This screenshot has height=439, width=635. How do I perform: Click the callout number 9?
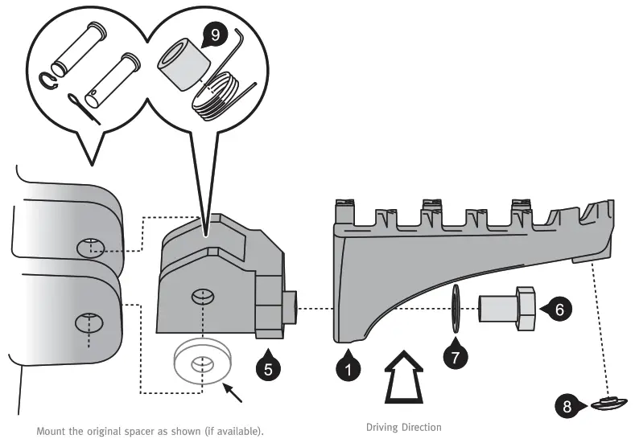click(213, 35)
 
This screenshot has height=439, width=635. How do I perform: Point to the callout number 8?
click(567, 406)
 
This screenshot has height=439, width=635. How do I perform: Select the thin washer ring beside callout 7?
click(456, 308)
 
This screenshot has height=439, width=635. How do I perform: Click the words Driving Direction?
click(403, 427)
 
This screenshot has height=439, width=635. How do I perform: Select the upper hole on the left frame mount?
click(91, 247)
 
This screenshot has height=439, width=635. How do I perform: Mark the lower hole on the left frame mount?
click(88, 324)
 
